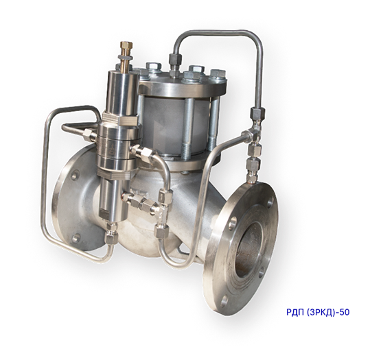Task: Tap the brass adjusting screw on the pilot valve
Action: point(125,56)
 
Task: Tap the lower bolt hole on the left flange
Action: point(76,238)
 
